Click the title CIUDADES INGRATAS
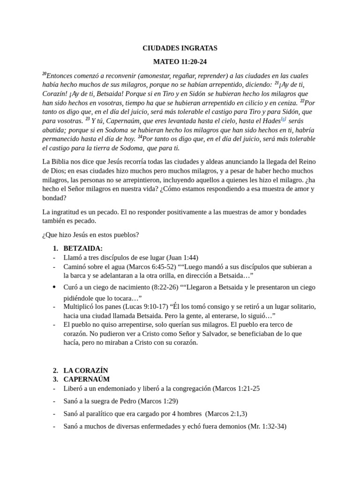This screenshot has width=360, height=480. (x=180, y=48)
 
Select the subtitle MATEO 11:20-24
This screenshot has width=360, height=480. (x=180, y=62)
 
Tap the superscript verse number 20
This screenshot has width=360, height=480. (x=44, y=74)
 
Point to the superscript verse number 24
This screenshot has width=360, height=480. (x=140, y=137)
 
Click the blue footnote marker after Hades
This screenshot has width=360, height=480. (x=283, y=120)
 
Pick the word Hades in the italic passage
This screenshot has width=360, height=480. (x=270, y=121)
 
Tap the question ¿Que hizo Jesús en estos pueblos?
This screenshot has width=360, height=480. (x=90, y=234)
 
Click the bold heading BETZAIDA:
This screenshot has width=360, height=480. (x=83, y=248)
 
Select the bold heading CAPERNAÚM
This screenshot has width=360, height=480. (x=86, y=379)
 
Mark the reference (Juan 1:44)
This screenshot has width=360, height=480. (x=182, y=257)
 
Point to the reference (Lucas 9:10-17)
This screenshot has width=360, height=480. (x=149, y=307)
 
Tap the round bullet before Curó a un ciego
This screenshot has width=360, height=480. (x=54, y=286)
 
